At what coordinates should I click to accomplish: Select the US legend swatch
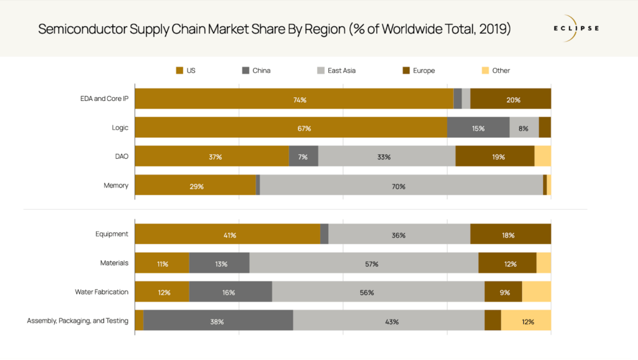[x=179, y=70]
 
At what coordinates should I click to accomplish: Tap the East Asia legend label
[x=341, y=70]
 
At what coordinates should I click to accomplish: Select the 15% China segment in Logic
[x=478, y=128]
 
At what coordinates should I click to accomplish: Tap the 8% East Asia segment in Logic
[x=524, y=128]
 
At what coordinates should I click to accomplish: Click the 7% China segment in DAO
[x=303, y=156]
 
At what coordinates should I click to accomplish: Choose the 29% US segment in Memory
[x=196, y=185]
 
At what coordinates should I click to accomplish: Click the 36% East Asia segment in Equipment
[x=399, y=234]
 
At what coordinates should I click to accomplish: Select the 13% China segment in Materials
[x=219, y=263]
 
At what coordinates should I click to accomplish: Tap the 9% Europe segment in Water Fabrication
[x=503, y=291]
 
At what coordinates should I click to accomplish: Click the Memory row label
[x=116, y=185]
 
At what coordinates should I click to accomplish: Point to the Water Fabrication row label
[x=102, y=291]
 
